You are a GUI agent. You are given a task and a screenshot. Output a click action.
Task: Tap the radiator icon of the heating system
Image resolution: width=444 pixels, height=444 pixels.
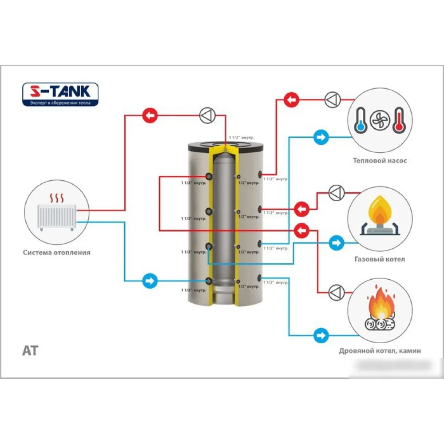pos(56,216)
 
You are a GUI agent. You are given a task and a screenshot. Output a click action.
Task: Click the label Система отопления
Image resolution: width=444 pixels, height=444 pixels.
pos(57,252)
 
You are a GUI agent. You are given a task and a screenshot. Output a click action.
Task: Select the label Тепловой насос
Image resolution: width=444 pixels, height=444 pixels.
pos(380,161)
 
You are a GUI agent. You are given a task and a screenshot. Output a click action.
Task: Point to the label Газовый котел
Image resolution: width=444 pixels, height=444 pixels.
pos(380,259)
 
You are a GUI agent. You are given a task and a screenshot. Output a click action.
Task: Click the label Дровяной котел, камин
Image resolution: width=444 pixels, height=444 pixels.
pos(380,351)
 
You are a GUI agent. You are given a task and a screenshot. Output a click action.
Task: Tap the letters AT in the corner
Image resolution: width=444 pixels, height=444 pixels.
pos(30,351)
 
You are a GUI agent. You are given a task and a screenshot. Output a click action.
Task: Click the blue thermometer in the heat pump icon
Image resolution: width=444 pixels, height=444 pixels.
pos(361,119)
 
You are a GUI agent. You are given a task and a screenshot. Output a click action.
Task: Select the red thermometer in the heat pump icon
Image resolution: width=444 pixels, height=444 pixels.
pos(398,119)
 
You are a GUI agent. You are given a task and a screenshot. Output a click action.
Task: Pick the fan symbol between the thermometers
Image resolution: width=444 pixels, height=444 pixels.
pos(380,119)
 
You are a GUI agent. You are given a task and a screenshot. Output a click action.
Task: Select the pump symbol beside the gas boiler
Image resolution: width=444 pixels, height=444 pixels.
pos(336,193)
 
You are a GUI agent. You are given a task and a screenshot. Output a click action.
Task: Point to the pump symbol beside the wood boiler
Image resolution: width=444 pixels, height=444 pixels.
pos(336,292)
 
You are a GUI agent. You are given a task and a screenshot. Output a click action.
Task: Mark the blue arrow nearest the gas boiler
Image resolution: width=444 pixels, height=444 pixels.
pos(337,243)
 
